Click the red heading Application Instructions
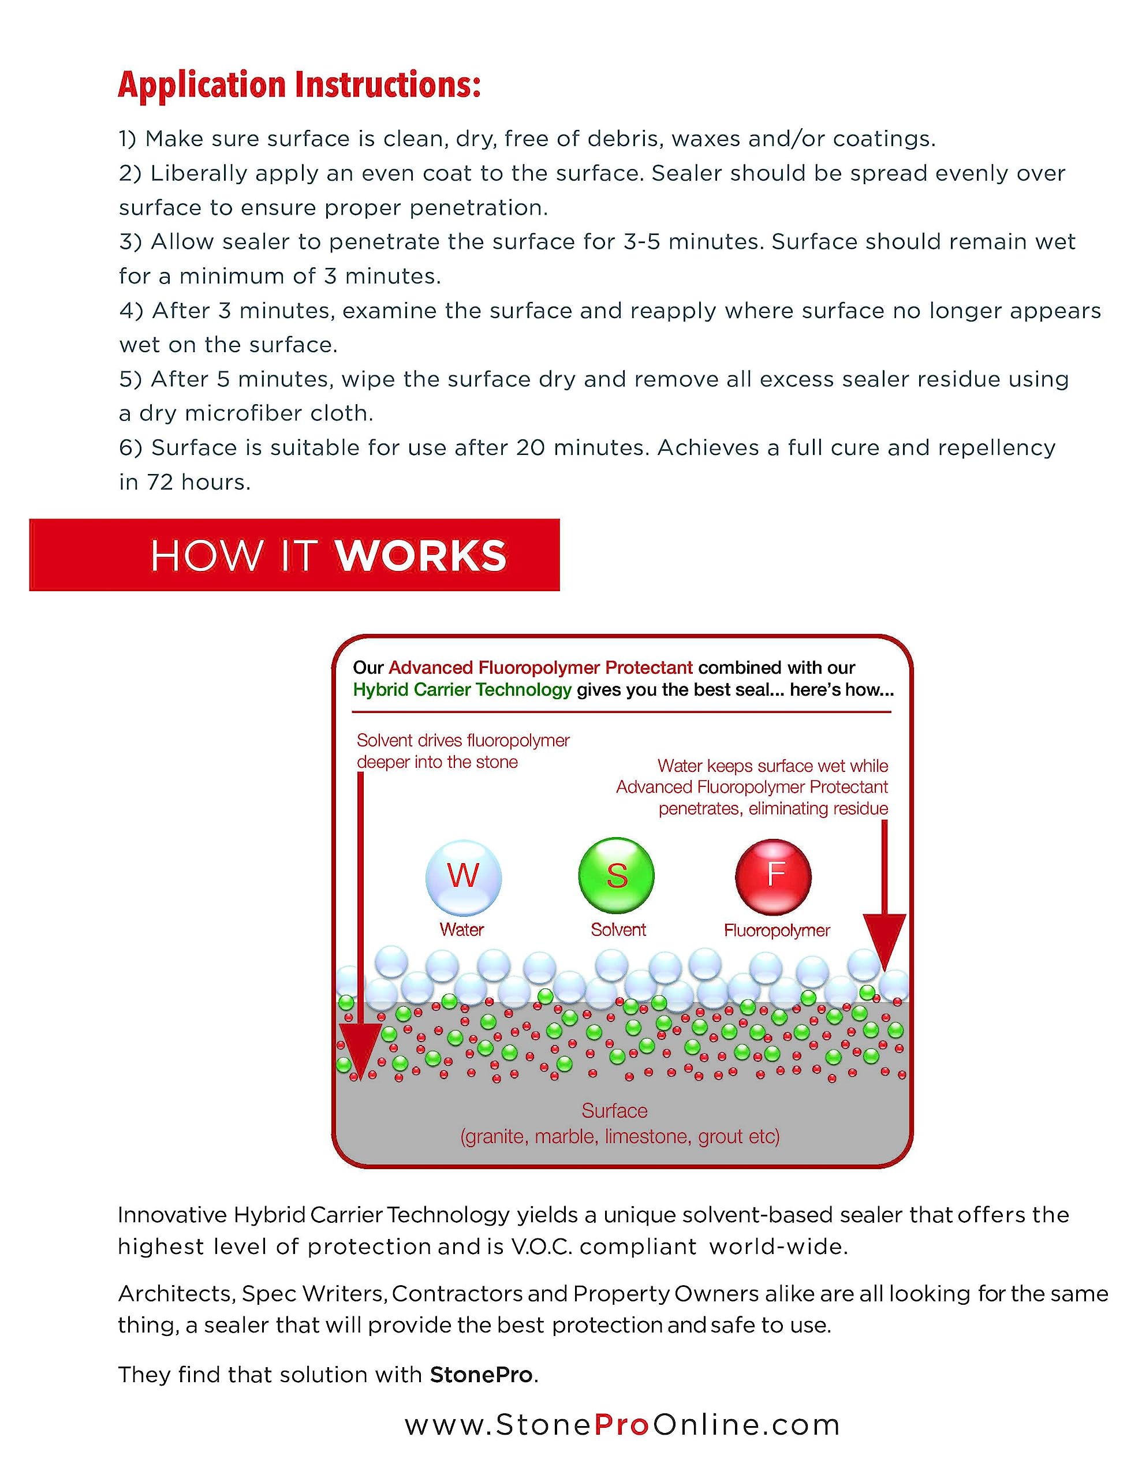click(x=299, y=85)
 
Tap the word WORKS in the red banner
click(x=420, y=557)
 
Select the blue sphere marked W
click(x=463, y=876)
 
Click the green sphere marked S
click(x=616, y=875)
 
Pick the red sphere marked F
click(x=773, y=876)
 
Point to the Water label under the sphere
click(x=462, y=930)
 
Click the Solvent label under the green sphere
click(x=618, y=930)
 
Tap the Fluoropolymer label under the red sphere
click(x=777, y=931)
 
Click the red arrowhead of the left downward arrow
click(x=360, y=1050)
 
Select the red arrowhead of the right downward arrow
click(x=884, y=936)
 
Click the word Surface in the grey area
click(x=614, y=1111)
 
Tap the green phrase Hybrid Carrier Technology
click(x=462, y=689)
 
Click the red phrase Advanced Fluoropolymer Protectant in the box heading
click(x=540, y=668)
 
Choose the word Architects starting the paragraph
click(x=176, y=1293)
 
